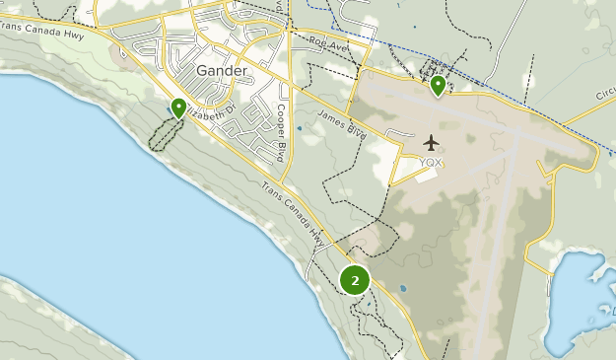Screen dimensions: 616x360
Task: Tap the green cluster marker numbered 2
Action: [x=355, y=280]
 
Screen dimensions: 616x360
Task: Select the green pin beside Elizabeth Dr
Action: [x=178, y=108]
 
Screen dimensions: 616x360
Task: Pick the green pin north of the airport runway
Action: [x=438, y=86]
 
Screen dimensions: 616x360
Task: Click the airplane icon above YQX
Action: [x=431, y=143]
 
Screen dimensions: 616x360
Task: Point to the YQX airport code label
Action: [x=431, y=163]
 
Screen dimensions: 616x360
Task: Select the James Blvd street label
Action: [x=342, y=121]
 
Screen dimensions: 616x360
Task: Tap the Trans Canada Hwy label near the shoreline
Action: [x=294, y=215]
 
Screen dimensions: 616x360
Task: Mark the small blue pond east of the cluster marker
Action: [x=402, y=289]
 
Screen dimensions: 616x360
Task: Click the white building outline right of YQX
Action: [x=426, y=176]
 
